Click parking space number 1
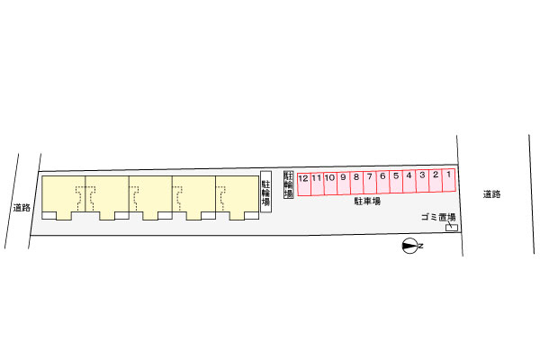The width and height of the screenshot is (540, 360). (449, 180)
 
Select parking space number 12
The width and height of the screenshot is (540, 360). (304, 184)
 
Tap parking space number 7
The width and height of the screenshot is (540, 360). (370, 183)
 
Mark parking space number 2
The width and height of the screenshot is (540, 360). (436, 181)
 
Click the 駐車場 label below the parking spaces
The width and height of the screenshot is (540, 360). (367, 202)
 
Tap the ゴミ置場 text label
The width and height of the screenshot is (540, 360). (438, 217)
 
